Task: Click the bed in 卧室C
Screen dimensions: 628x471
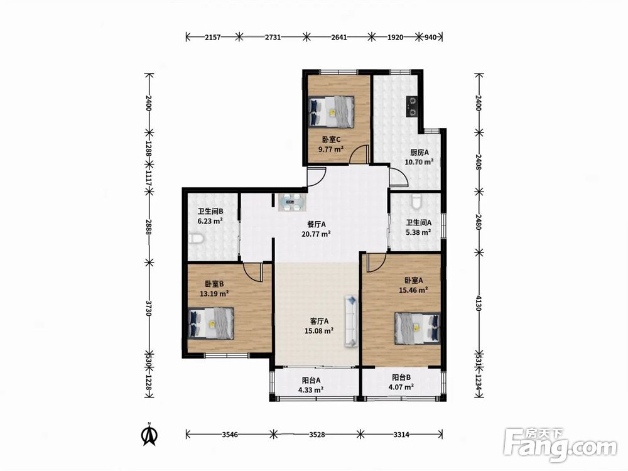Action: pos(332,112)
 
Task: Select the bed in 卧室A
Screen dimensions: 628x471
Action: pos(418,328)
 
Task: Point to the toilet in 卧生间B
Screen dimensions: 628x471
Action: pos(196,239)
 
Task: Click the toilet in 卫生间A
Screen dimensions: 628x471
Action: pos(416,202)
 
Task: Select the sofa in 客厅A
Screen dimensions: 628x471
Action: pos(351,321)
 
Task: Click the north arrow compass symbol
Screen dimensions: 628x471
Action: pos(150,434)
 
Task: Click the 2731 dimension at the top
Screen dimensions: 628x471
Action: pos(273,37)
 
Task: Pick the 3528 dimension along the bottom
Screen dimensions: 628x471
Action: pos(317,434)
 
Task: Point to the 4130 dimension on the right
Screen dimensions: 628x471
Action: pos(478,303)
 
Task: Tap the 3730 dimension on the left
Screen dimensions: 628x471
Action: pos(149,308)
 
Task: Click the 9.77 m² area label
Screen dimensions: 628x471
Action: pos(331,150)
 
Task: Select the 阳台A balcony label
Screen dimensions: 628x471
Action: pos(311,381)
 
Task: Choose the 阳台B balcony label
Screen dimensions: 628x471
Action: pos(401,377)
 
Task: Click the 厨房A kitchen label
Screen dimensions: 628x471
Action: pos(420,152)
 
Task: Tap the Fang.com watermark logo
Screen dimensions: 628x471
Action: pos(561,445)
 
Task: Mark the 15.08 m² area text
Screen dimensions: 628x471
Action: pos(319,331)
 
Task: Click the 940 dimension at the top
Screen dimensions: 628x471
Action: pos(430,37)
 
